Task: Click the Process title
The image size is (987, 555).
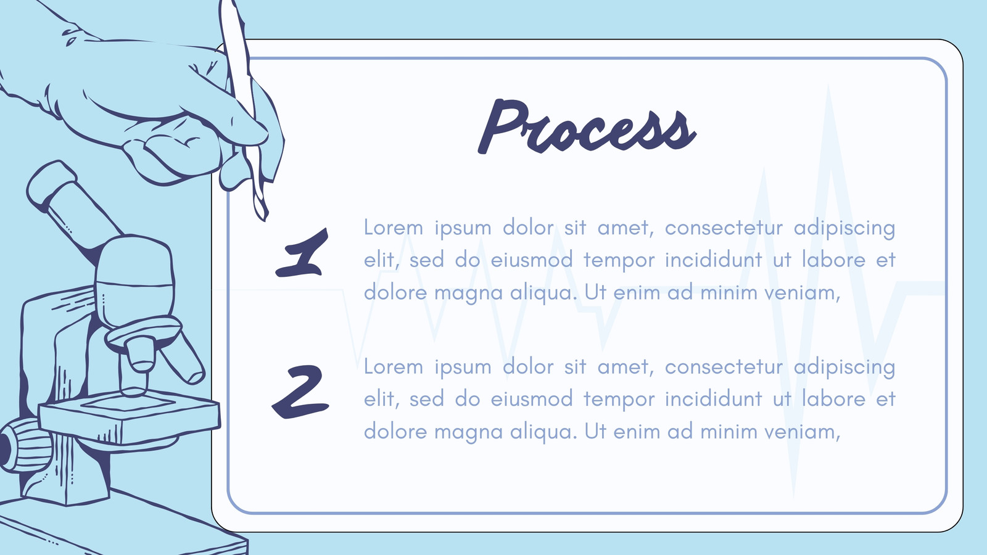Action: pos(587,126)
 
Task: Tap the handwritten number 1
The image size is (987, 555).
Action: pos(303,252)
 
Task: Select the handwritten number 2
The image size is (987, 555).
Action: pos(300,392)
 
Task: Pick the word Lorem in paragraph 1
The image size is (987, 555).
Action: pos(393,228)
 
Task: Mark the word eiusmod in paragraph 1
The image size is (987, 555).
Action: pos(532,260)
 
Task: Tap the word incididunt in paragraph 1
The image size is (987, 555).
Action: pos(713,260)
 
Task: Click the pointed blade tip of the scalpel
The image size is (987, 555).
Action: pos(265,219)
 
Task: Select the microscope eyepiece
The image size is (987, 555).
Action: pos(52,184)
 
